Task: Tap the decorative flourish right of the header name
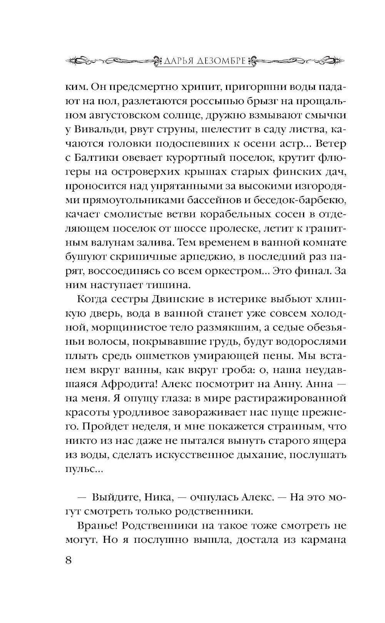[299, 61]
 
